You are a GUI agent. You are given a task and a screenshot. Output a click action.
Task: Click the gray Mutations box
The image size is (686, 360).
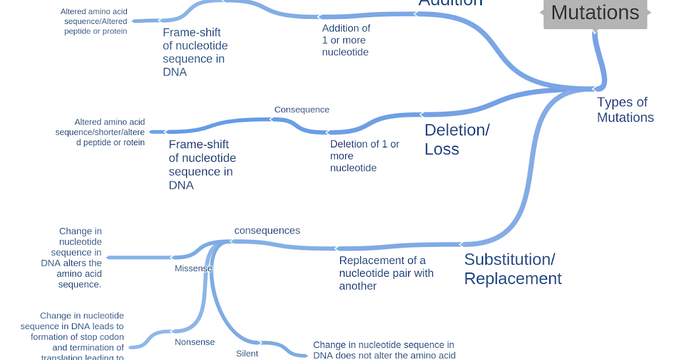595,13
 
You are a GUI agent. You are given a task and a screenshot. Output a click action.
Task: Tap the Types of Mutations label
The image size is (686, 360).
625,110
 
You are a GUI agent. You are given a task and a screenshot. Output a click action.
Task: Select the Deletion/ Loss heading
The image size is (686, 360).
456,139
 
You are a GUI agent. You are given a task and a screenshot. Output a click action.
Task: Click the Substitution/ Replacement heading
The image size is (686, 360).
512,269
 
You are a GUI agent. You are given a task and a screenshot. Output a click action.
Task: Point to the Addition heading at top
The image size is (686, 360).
450,3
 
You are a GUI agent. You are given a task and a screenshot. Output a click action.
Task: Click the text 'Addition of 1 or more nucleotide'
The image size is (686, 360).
346,40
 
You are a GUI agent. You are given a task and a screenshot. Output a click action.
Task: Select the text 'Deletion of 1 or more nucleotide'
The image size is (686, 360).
364,156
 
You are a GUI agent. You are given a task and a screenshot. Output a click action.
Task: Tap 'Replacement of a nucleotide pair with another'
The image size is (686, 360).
386,273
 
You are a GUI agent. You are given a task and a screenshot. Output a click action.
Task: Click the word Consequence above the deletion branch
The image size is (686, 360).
301,110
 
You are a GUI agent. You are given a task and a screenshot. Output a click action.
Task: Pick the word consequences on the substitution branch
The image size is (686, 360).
267,231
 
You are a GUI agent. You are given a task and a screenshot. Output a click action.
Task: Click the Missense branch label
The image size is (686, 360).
193,269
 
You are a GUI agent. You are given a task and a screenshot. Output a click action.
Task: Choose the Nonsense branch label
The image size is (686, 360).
194,342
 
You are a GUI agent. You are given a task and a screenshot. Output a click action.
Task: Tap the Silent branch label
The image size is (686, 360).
247,354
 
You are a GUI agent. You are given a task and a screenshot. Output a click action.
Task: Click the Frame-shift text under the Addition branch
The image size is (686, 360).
195,53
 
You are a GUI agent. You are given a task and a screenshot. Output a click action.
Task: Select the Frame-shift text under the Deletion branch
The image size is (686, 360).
202,165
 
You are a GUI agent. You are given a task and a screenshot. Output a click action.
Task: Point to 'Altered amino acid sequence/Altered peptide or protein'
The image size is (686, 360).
94,21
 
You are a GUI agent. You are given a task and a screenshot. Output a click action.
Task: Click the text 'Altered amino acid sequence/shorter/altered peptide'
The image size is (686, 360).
100,132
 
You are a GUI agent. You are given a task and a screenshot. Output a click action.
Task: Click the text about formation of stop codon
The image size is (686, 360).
73,337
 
